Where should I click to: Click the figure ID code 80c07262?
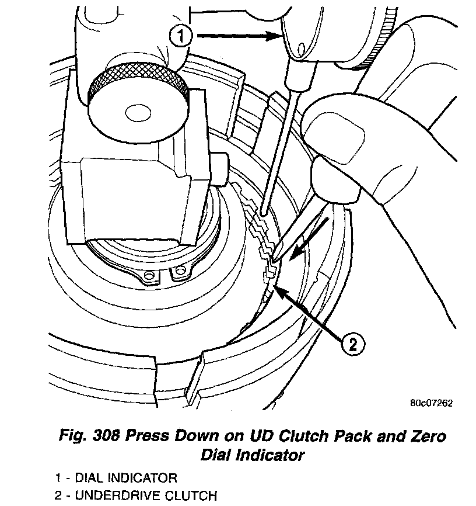pyautogui.click(x=430, y=403)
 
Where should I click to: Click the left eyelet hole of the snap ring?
pyautogui.click(x=150, y=275)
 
